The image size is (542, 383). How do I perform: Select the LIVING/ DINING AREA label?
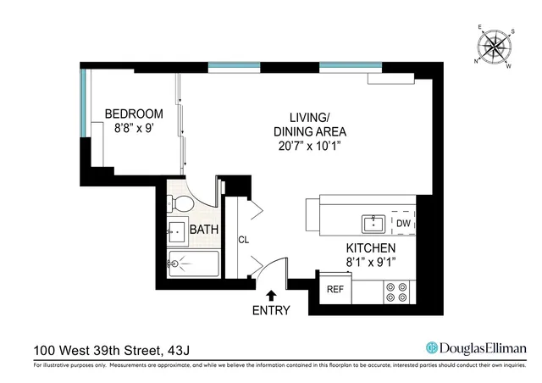pos(309,125)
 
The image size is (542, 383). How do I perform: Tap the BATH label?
pos(204,230)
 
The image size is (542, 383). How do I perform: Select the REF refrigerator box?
pos(335,289)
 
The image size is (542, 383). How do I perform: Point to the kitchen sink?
pos(373,224)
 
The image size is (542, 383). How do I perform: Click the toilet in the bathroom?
pos(180,204)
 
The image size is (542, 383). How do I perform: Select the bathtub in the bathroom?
pos(193,264)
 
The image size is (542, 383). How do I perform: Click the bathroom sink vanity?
pos(178,231)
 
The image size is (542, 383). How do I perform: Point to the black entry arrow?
pos(271,295)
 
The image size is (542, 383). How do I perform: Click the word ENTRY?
pos(271,310)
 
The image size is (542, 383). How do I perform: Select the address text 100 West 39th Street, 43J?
pos(103,349)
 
